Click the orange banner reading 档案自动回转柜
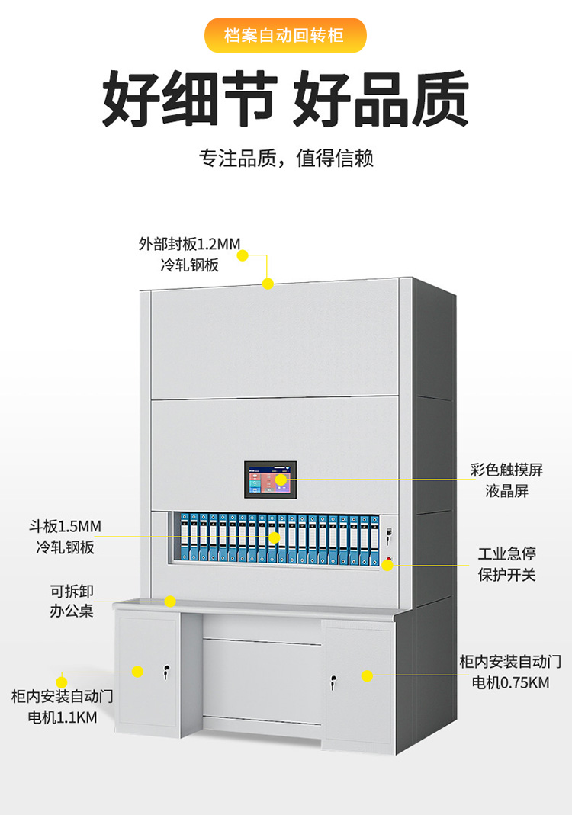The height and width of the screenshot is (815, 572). [285, 35]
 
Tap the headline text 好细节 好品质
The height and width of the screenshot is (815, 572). [285, 98]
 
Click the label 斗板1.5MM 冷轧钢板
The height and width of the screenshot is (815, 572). [68, 536]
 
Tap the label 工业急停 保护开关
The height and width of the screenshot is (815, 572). [506, 563]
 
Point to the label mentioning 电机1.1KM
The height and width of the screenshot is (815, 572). [62, 706]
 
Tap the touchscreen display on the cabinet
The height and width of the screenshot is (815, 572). [270, 480]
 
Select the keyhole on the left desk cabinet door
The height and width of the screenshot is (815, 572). [164, 672]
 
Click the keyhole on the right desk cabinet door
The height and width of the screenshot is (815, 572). [333, 680]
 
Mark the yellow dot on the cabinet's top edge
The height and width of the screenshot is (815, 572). [268, 284]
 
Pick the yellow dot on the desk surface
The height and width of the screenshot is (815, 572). [170, 601]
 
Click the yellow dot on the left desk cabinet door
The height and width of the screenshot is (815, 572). [137, 672]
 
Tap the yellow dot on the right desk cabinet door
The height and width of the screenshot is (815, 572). [367, 675]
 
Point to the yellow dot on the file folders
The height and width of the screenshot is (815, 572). [274, 537]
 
